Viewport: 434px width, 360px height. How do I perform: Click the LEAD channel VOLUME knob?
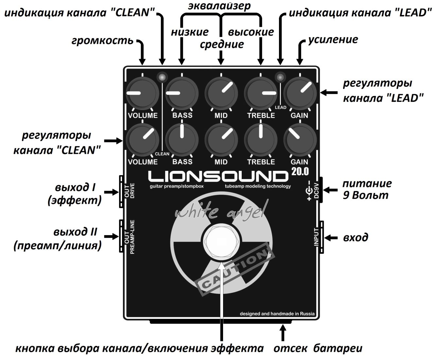click(142, 93)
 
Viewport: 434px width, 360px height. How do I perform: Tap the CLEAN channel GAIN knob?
click(300, 140)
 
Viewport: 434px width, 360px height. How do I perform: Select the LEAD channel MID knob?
click(221, 93)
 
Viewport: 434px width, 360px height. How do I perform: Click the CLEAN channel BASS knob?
click(182, 140)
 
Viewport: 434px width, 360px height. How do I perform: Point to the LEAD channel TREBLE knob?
click(261, 93)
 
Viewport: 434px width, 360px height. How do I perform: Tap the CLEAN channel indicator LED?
click(162, 77)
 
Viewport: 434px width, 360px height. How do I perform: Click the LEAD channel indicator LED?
click(280, 77)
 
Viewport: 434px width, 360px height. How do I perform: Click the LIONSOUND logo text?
click(218, 176)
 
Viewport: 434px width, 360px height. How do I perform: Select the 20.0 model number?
click(300, 172)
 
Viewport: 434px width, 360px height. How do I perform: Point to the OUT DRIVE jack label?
click(129, 190)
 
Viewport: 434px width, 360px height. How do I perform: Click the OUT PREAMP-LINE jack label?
click(129, 237)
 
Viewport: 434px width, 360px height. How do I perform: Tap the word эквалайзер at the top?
click(219, 6)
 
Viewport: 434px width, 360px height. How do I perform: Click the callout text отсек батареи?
click(318, 348)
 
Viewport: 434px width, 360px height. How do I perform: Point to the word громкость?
click(102, 40)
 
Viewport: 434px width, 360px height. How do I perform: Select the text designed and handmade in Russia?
click(277, 314)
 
